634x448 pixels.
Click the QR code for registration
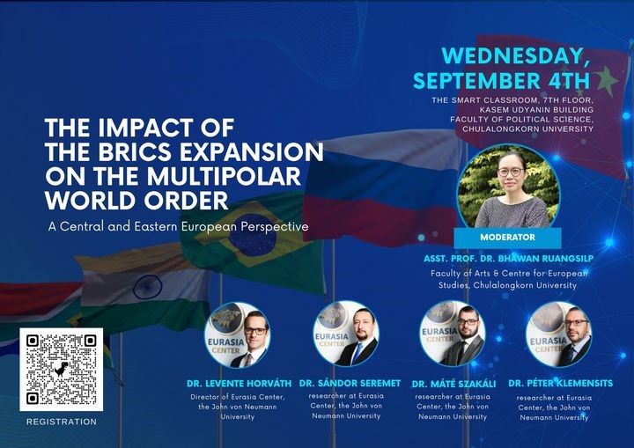tap(61, 369)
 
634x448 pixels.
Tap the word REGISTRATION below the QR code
tap(62, 422)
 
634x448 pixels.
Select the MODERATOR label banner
tap(507, 238)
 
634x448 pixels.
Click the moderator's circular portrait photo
tap(509, 187)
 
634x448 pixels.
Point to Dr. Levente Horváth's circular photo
tap(238, 334)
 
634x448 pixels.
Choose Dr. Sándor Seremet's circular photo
tap(346, 334)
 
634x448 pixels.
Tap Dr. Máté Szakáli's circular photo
tap(453, 334)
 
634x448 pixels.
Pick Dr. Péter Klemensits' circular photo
tap(559, 334)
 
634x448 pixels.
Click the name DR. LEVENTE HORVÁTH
tap(239, 383)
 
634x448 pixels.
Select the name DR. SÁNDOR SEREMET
tap(350, 383)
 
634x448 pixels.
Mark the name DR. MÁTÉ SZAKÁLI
tap(453, 384)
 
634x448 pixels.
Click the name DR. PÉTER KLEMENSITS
tap(560, 383)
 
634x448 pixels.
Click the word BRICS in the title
tap(133, 152)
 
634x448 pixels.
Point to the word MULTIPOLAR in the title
tap(224, 176)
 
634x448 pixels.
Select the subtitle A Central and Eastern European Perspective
tap(178, 226)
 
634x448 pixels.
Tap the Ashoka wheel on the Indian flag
tap(148, 287)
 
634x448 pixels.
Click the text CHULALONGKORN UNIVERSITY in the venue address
tap(528, 129)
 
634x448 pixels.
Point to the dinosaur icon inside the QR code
tap(61, 369)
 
